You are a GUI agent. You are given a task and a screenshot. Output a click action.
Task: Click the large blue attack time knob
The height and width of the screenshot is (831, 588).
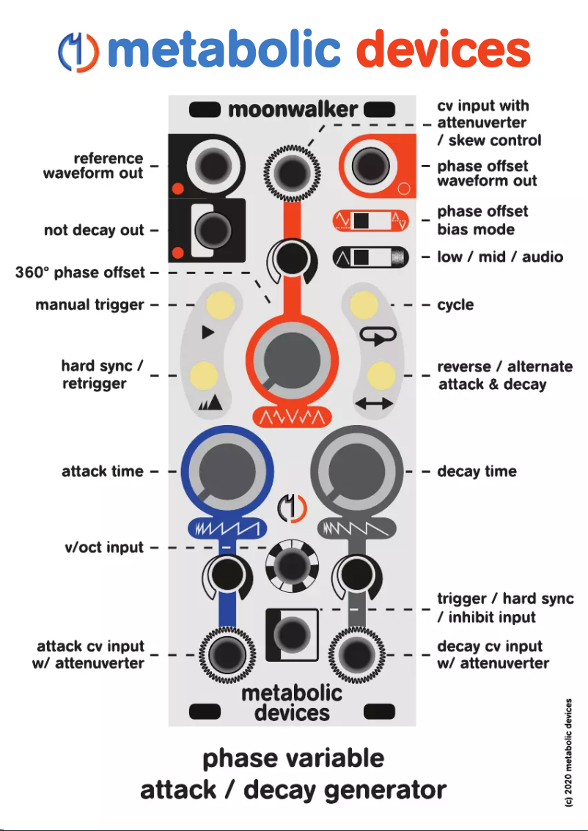coord(227,470)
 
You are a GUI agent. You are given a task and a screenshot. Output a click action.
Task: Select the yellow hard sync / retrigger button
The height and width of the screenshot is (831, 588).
coord(204,375)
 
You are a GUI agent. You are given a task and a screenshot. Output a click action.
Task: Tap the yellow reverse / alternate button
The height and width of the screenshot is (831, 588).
coord(381,375)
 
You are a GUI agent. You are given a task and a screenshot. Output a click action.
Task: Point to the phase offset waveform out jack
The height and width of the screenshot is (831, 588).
coord(370,166)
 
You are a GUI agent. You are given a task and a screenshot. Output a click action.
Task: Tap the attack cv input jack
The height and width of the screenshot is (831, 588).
coord(227,655)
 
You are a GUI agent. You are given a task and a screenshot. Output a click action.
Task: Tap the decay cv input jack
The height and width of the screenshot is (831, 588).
coord(357,655)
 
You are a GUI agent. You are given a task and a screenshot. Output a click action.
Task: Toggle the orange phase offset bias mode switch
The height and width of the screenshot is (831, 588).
coord(370,221)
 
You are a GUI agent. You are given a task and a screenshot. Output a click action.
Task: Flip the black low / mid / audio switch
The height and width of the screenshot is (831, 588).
coord(370,257)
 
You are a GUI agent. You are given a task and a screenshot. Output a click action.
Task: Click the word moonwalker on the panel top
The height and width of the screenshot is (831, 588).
coord(293,110)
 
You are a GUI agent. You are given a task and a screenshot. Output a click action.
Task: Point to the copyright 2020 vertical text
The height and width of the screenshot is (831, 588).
coord(569,753)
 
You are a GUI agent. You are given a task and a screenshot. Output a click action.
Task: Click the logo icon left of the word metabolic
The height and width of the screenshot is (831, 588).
coord(78,52)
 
